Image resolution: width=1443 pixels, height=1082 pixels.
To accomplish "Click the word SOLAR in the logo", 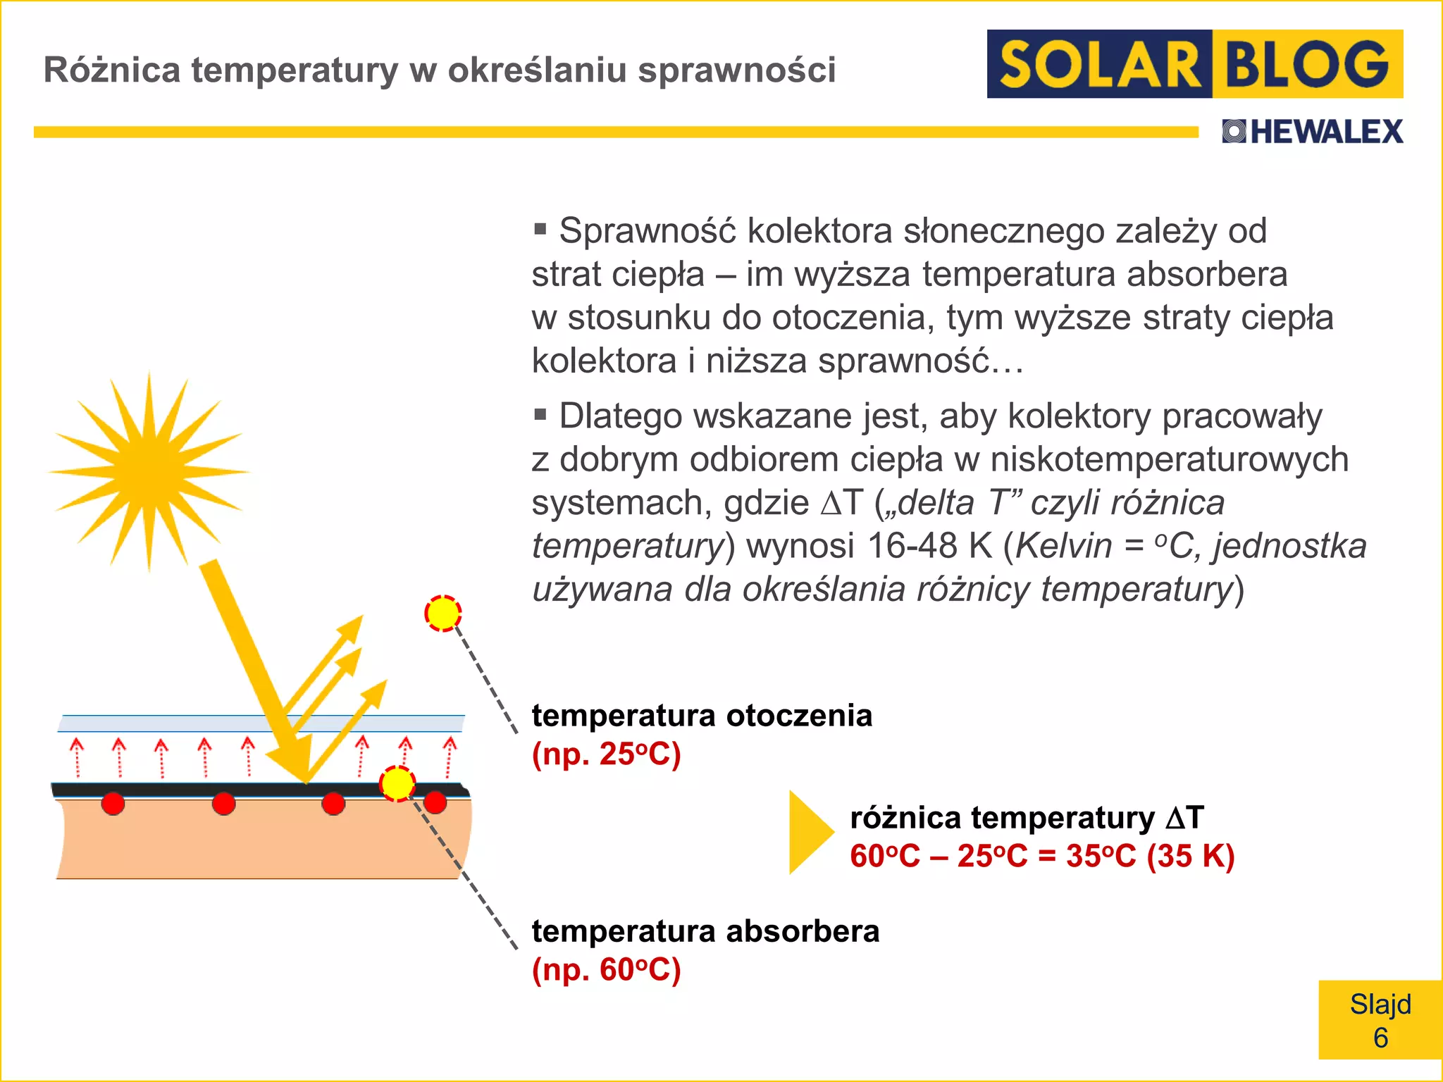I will (1099, 65).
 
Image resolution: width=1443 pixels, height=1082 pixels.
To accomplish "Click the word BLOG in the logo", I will (1308, 65).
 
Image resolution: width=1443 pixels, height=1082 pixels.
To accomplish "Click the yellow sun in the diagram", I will (149, 471).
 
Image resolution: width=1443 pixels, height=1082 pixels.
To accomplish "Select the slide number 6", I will (1380, 1038).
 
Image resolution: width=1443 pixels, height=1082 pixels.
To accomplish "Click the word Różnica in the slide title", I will (112, 70).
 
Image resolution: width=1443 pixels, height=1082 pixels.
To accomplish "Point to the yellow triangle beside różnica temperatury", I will (808, 832).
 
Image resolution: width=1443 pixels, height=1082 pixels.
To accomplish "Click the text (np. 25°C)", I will (606, 754).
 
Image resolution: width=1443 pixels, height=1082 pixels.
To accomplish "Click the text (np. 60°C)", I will (606, 970).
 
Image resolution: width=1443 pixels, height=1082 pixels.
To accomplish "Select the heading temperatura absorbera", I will (705, 931).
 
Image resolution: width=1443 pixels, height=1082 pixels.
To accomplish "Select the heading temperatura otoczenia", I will (702, 716).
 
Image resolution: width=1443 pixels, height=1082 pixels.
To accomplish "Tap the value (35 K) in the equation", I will (1190, 857).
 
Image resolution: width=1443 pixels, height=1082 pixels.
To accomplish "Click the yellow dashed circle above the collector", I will (442, 613).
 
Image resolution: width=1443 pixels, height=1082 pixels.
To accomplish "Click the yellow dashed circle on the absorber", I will (397, 783).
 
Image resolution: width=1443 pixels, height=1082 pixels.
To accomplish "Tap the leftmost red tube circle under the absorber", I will (113, 803).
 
